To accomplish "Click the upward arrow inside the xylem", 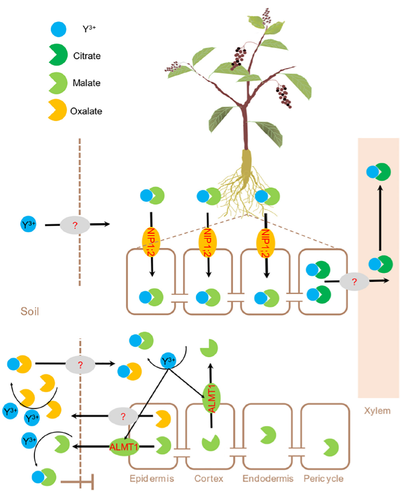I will coord(380,220).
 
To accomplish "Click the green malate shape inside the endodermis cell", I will coord(266,435).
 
